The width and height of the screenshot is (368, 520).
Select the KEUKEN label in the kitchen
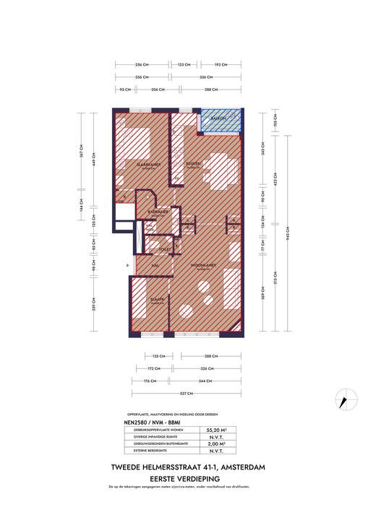(x=193, y=164)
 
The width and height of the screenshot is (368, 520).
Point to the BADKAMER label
(x=158, y=212)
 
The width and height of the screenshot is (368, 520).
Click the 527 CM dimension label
(x=186, y=394)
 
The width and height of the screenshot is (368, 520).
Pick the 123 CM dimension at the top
(x=183, y=64)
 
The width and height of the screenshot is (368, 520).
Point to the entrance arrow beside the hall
(x=127, y=266)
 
